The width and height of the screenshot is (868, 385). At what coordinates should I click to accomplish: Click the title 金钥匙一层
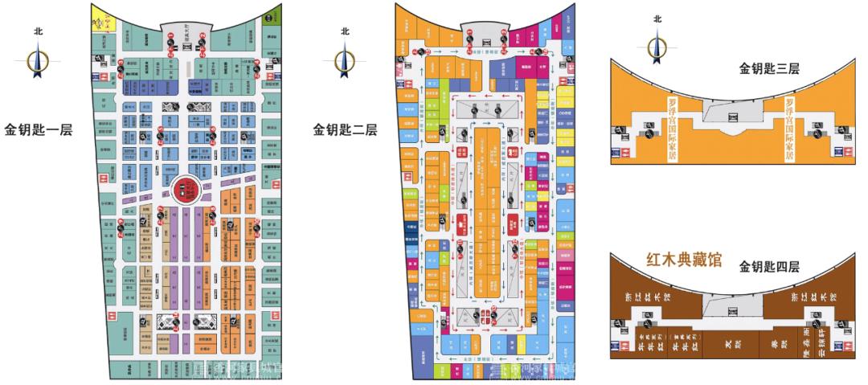(x=39, y=129)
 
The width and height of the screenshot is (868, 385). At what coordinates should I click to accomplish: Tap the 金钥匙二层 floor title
(x=345, y=129)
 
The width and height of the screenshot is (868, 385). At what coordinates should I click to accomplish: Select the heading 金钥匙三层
(x=769, y=69)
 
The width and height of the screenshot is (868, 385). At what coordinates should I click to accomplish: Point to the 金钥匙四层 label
(x=769, y=264)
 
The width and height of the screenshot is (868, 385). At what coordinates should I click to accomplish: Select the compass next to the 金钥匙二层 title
(x=345, y=60)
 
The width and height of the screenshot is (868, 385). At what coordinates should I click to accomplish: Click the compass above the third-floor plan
(x=657, y=48)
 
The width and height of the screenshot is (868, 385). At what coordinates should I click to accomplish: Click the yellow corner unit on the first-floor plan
(x=104, y=18)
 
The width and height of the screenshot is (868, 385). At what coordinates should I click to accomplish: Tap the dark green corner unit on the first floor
(x=273, y=15)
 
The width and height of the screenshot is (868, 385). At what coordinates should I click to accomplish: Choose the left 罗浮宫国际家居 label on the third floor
(x=674, y=128)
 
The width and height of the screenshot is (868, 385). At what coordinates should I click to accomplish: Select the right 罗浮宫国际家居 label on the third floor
(x=790, y=128)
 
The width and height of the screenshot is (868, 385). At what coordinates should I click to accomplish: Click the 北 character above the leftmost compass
(x=38, y=31)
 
